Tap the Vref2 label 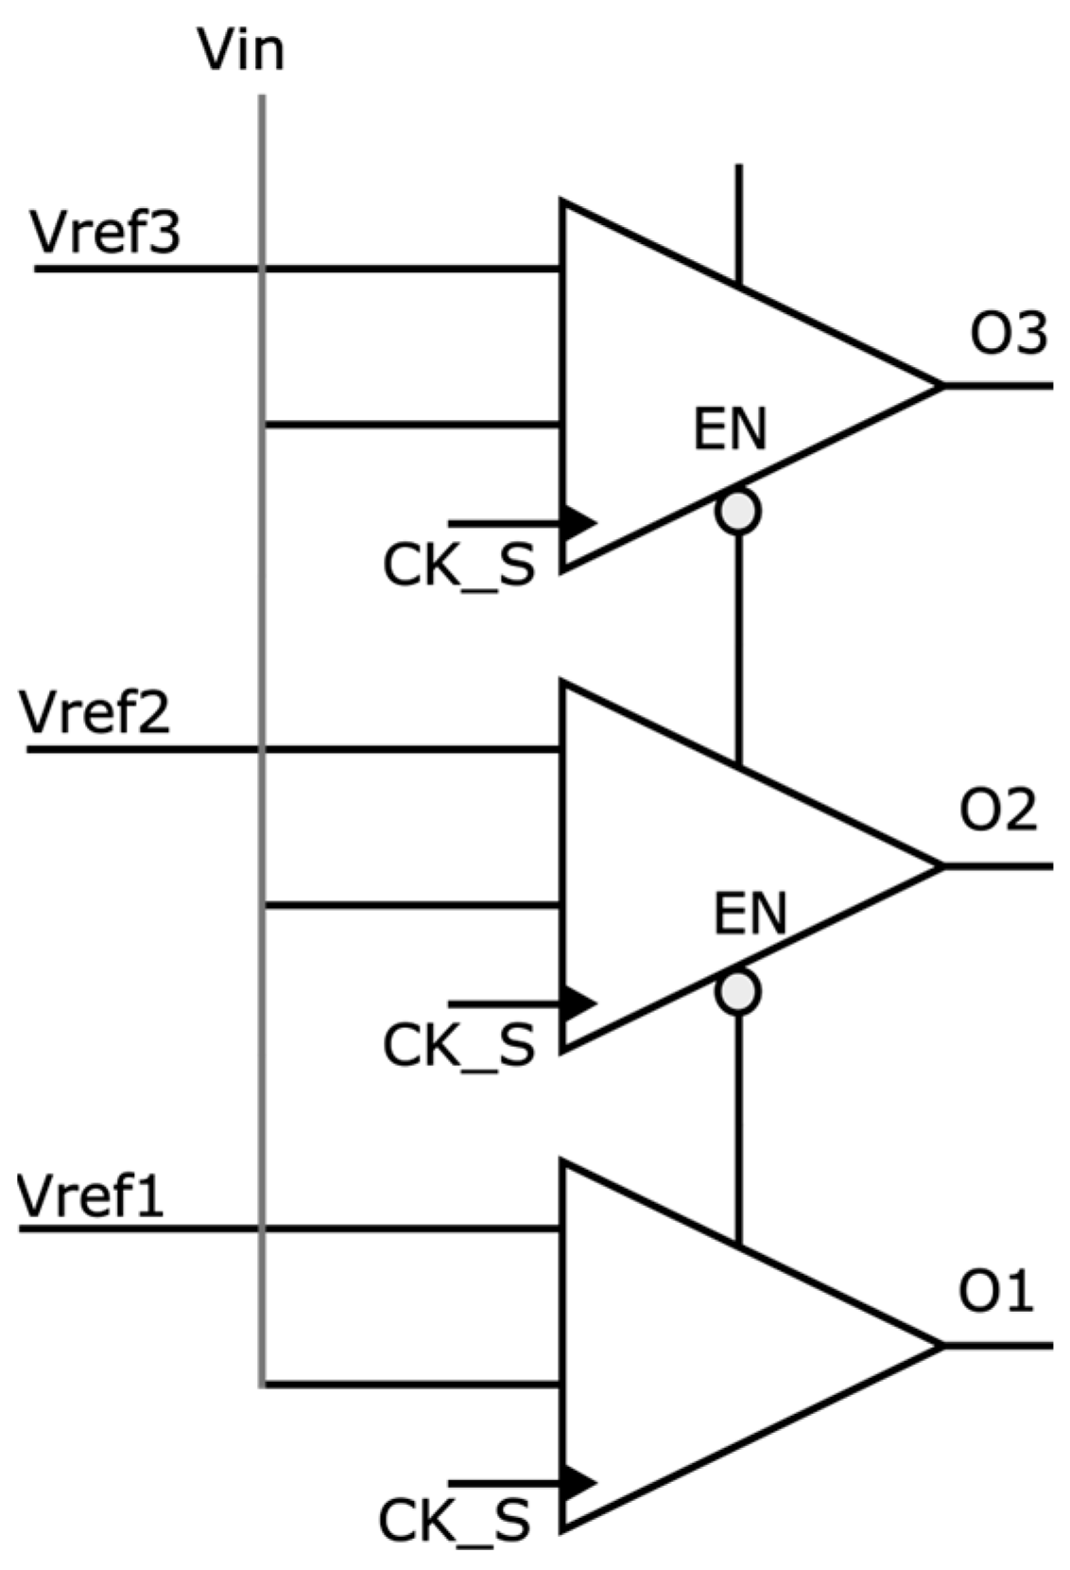pos(95,712)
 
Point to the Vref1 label pos(92,1195)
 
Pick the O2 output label pos(998,811)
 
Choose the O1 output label pos(995,1291)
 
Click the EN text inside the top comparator pos(730,429)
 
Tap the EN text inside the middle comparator pos(750,914)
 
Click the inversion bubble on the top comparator pos(737,512)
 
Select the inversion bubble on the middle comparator pos(737,992)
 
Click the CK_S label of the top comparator pos(458,567)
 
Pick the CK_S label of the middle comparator pos(458,1046)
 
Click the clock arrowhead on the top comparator pos(578,522)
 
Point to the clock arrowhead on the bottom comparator pos(578,1481)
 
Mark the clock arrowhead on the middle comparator pos(578,1003)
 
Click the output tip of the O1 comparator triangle pos(940,1345)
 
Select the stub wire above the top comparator pos(738,222)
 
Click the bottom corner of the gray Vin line pos(262,1385)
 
